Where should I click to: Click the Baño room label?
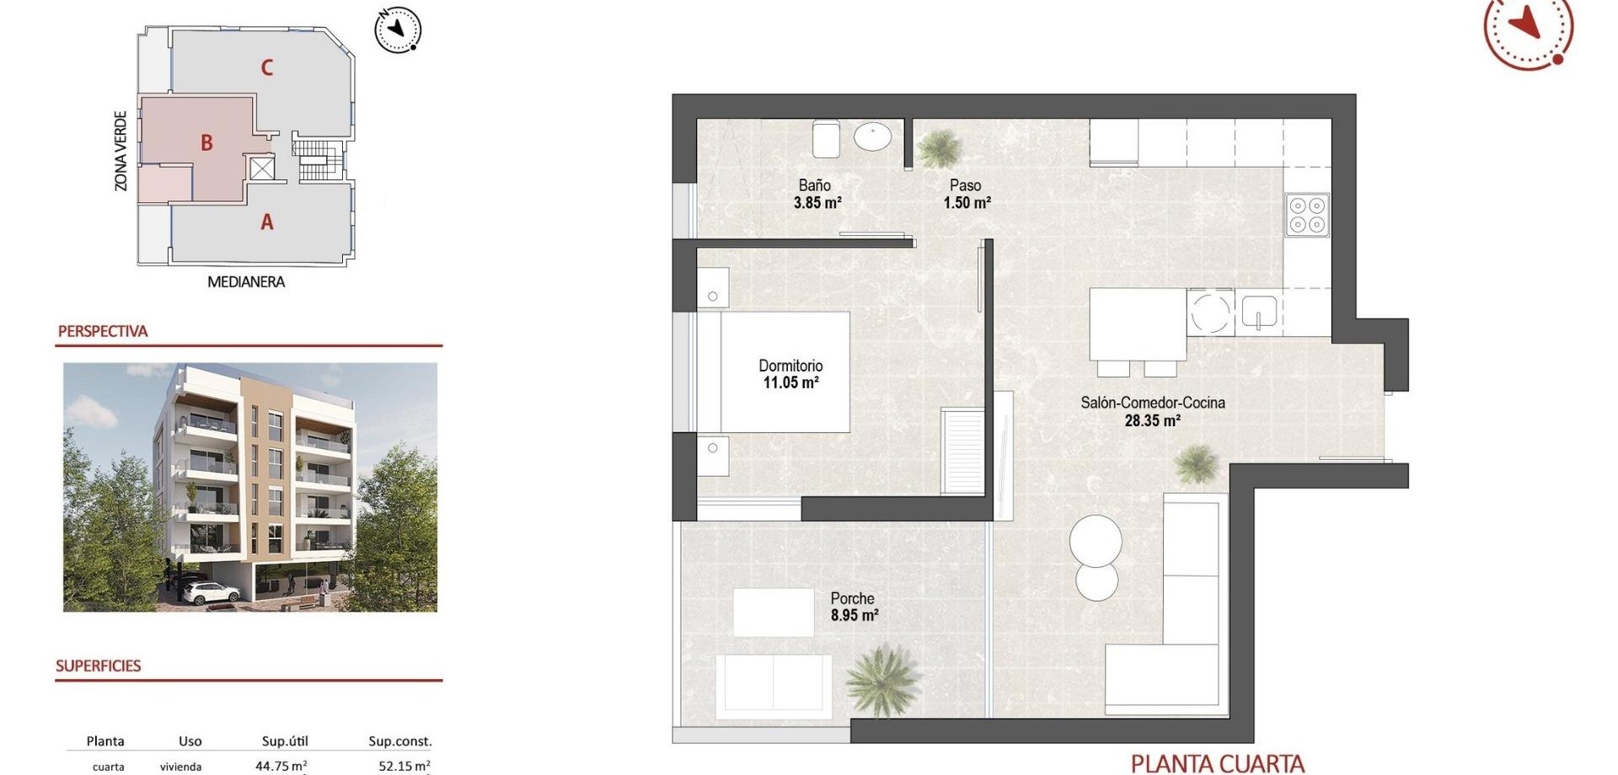pyautogui.click(x=815, y=185)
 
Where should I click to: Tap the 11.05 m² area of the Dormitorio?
pyautogui.click(x=791, y=382)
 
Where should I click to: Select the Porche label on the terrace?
pyautogui.click(x=853, y=599)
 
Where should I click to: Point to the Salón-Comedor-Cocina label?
pyautogui.click(x=1153, y=403)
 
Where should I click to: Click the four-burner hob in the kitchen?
pyautogui.click(x=1307, y=215)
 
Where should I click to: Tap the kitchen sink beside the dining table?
pyautogui.click(x=1259, y=312)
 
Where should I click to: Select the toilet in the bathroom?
pyautogui.click(x=826, y=139)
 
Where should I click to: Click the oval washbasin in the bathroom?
pyautogui.click(x=872, y=136)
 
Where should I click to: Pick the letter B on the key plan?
pyautogui.click(x=206, y=143)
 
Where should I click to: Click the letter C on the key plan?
pyautogui.click(x=267, y=67)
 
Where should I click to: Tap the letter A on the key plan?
pyautogui.click(x=267, y=222)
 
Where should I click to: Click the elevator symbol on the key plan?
pyautogui.click(x=262, y=168)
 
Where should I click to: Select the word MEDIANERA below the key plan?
pyautogui.click(x=246, y=282)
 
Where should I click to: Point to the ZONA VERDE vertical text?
pyautogui.click(x=121, y=151)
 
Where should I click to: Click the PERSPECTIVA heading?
pyautogui.click(x=103, y=331)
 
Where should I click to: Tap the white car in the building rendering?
pyautogui.click(x=211, y=593)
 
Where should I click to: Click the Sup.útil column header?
pyautogui.click(x=285, y=741)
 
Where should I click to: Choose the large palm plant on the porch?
pyautogui.click(x=881, y=679)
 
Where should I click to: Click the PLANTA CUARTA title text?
pyautogui.click(x=1218, y=764)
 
